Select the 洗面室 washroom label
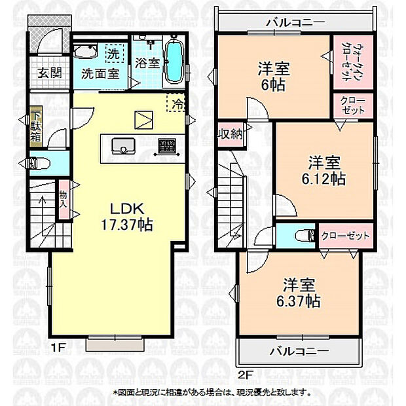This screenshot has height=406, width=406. coord(100,73)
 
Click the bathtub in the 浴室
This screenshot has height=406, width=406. coord(174,62)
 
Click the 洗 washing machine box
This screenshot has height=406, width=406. coord(113,52)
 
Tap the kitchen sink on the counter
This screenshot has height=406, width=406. coord(121,146)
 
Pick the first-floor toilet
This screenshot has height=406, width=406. coord(38,162)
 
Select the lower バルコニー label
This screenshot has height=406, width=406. coord(298,351)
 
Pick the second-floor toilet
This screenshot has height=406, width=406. coord(297,235)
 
